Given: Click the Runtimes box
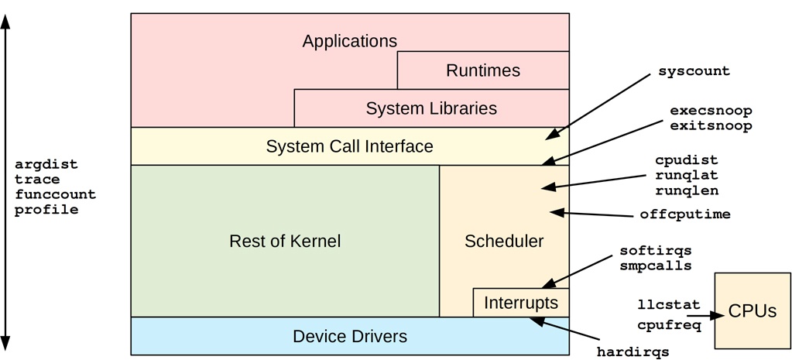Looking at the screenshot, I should click(x=483, y=70).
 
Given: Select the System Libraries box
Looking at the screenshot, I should click(x=431, y=108).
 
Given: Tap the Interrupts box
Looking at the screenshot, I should click(x=521, y=303).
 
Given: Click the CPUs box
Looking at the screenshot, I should click(x=753, y=310).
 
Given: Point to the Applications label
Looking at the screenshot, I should click(x=349, y=41).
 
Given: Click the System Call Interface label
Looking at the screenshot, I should click(x=349, y=146).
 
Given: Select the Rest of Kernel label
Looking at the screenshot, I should click(x=285, y=241).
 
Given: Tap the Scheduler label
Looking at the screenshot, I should click(x=504, y=241).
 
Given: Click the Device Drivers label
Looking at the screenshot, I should click(x=350, y=337).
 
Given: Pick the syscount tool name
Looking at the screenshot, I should click(x=694, y=71).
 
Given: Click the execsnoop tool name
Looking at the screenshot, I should click(x=711, y=111).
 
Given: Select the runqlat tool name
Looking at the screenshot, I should click(x=686, y=175).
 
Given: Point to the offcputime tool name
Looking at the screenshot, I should click(x=685, y=214).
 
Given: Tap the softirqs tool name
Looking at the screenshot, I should click(x=655, y=252).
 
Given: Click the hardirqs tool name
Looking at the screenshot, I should click(x=633, y=352).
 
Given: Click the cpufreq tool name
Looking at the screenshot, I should click(x=669, y=326).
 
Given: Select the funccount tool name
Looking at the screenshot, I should click(x=56, y=194).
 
